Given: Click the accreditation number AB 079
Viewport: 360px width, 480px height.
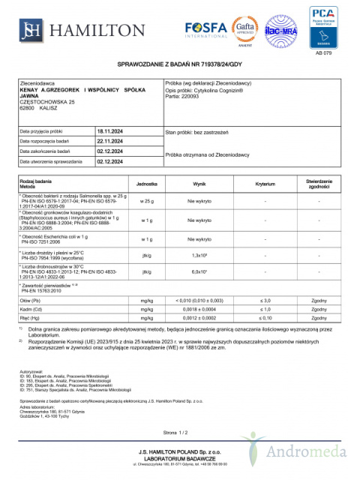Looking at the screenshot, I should click(x=325, y=55).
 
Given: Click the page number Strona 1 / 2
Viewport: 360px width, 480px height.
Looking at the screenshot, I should click(x=180, y=433).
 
